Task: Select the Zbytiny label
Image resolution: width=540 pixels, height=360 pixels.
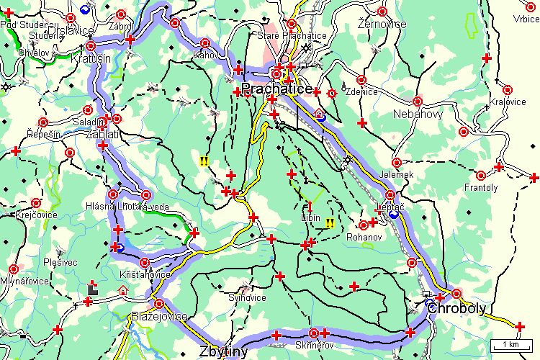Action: (223, 351)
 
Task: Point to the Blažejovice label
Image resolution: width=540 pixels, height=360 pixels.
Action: (159, 317)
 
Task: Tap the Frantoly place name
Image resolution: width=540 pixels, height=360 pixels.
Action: (481, 187)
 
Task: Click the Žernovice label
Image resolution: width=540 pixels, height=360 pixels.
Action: (382, 24)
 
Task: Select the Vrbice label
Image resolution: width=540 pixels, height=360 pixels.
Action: (526, 19)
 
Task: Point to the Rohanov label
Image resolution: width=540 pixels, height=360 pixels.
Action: (362, 236)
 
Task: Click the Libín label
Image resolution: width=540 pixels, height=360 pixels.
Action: (311, 217)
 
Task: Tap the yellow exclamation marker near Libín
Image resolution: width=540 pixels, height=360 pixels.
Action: (330, 222)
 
